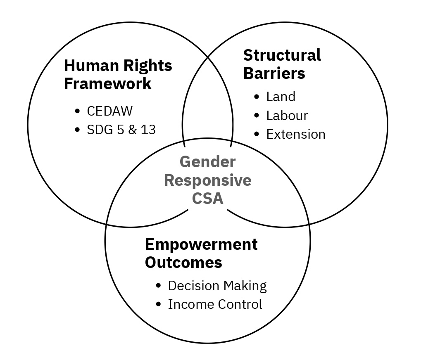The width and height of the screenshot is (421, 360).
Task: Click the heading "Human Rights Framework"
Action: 118,74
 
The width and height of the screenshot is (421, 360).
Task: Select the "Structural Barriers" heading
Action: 282,64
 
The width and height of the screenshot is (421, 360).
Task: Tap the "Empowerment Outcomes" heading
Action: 201,253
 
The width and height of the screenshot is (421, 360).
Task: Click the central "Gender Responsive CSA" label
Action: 208,180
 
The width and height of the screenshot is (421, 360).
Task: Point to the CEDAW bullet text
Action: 110,111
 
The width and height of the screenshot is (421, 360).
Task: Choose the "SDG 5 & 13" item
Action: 121,130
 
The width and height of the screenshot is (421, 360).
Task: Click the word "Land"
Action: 281,97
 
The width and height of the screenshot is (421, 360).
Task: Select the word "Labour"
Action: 287,116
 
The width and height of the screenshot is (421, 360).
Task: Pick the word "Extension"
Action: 296,134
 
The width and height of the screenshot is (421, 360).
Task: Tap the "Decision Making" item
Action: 217,286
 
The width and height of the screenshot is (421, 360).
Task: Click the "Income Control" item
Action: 215,304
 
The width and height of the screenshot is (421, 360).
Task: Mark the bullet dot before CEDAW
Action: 77,111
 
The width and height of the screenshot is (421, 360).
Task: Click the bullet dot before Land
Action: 257,97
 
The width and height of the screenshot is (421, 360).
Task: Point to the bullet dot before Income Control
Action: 158,304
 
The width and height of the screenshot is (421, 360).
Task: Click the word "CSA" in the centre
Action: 208,199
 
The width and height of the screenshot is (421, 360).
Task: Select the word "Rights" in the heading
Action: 149,65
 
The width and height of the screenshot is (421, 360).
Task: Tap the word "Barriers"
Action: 274,73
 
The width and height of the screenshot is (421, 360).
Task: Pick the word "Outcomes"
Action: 183,263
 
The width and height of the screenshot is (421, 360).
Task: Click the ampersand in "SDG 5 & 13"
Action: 131,130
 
